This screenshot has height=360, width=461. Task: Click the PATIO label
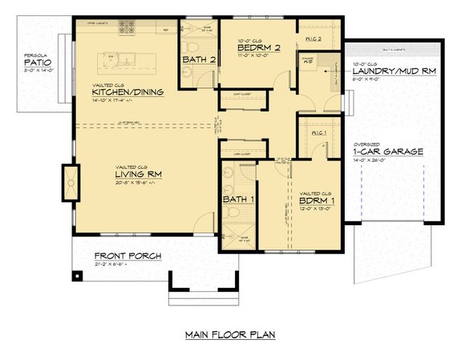point(36,63)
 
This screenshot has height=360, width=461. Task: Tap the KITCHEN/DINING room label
point(128,92)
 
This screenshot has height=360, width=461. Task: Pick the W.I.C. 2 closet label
point(313,38)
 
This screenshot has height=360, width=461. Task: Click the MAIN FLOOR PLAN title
point(229,334)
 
